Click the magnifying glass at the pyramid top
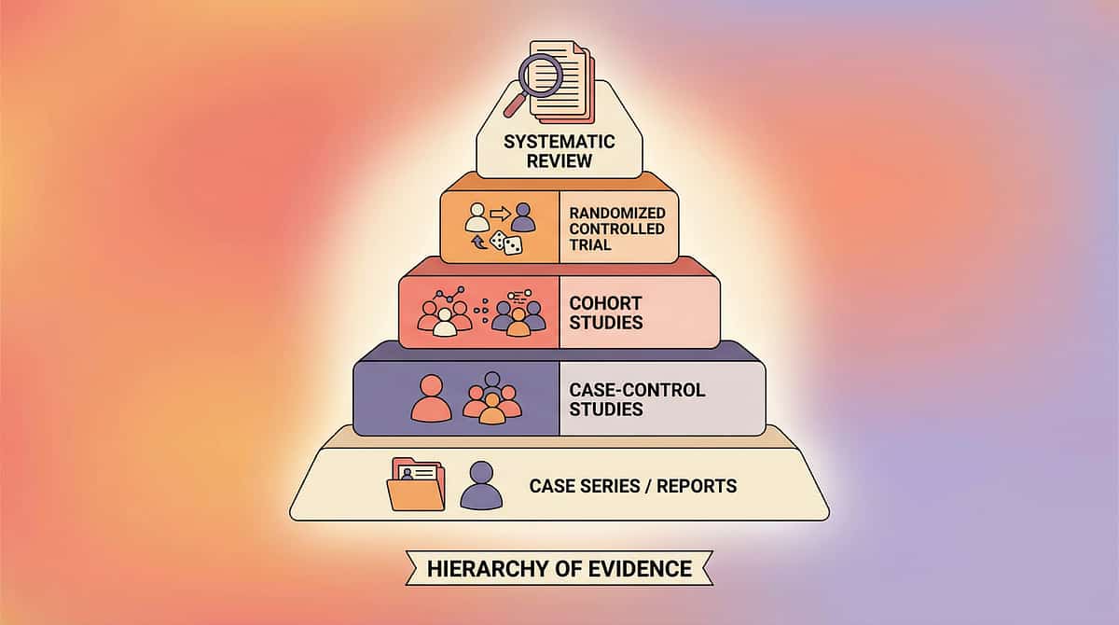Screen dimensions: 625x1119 click(x=539, y=78)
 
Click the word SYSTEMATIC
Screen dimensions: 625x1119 click(x=559, y=142)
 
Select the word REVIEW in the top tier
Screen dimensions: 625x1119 click(x=559, y=160)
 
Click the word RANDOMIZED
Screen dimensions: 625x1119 click(x=616, y=213)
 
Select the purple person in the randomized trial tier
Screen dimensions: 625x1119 click(x=524, y=217)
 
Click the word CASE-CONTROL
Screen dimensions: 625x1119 click(x=637, y=390)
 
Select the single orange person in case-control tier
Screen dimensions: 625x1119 click(x=431, y=399)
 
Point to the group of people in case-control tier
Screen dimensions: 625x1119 click(x=492, y=401)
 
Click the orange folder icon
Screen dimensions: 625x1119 click(x=416, y=483)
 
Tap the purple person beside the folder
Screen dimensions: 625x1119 click(x=481, y=485)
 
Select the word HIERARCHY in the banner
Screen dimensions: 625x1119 click(x=477, y=568)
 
